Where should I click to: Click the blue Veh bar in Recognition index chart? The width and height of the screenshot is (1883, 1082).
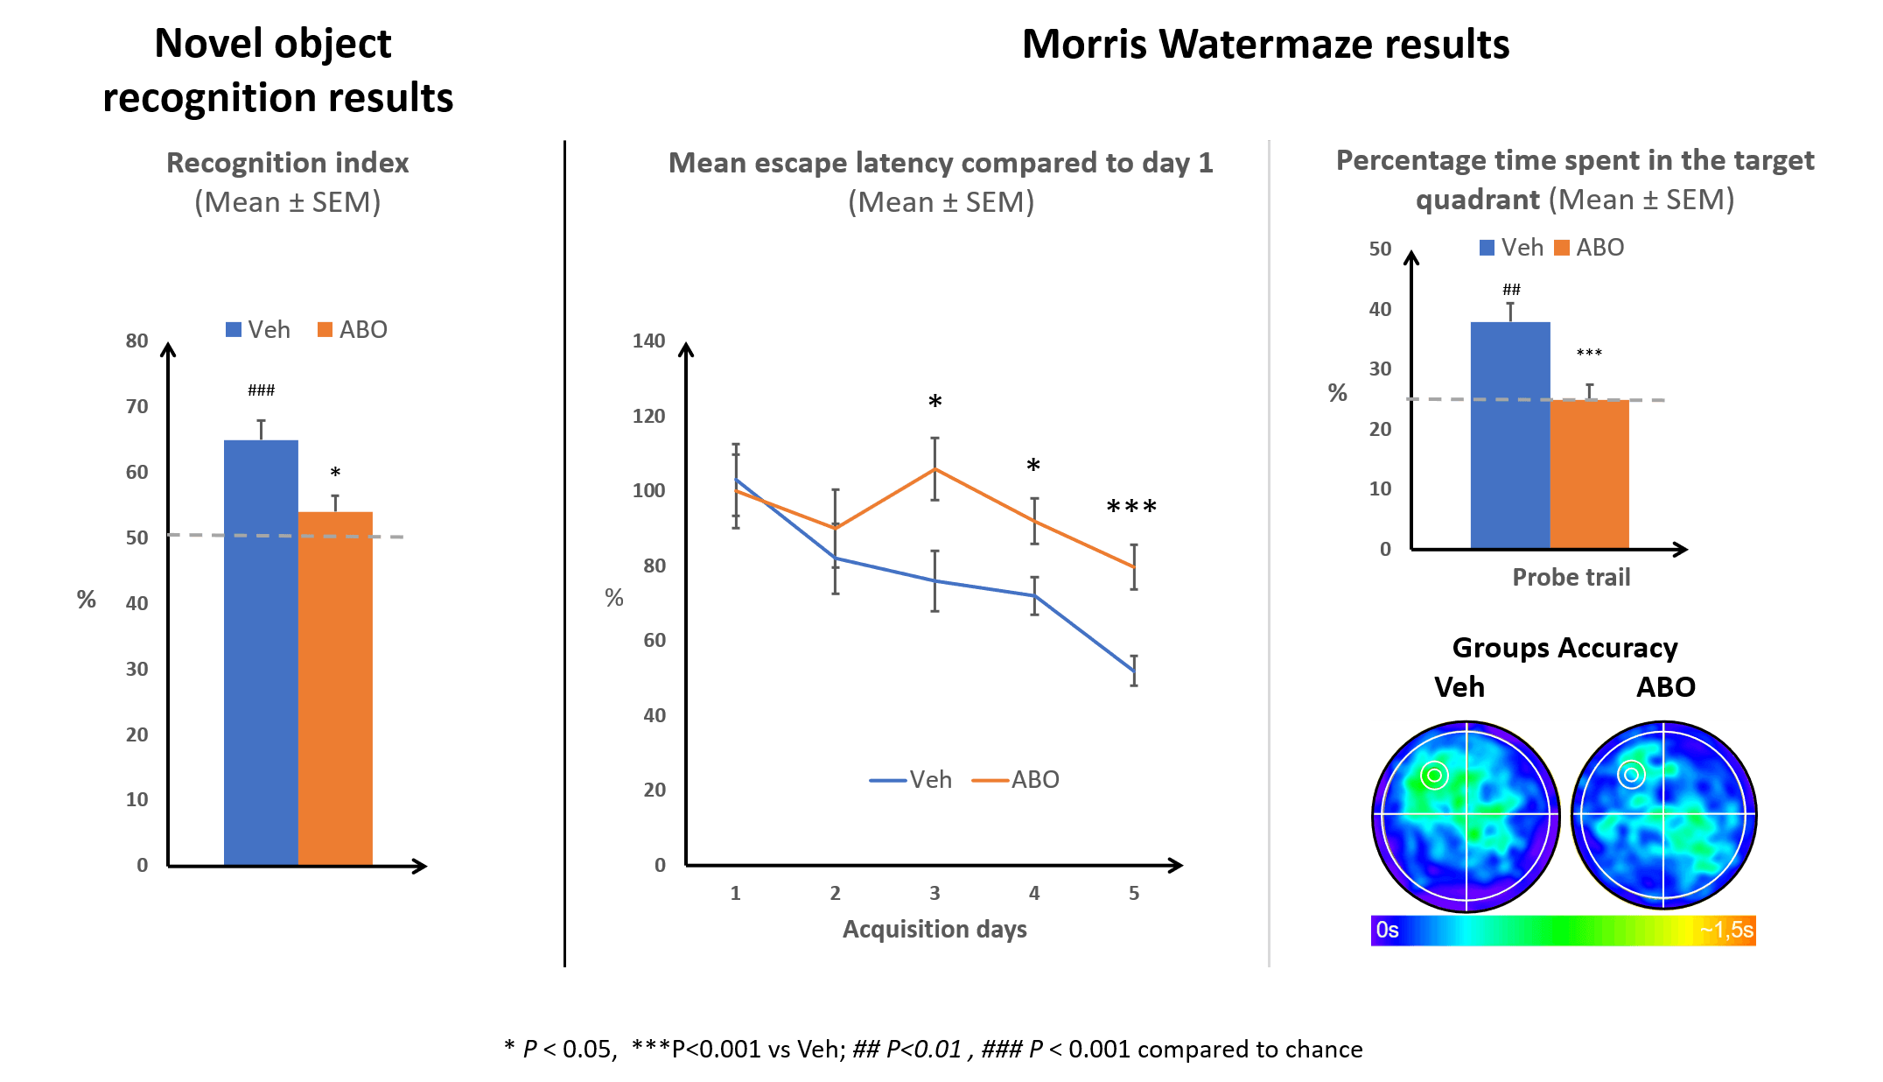(x=261, y=652)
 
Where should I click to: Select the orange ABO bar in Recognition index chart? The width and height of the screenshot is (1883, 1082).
(x=335, y=687)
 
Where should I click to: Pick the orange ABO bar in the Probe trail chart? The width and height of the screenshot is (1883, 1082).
(x=1589, y=474)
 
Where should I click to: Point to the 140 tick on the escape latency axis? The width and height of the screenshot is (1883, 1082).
(x=648, y=341)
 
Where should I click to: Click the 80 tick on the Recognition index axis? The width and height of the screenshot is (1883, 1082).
(x=136, y=341)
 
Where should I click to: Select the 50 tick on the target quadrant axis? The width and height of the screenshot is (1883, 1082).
(x=1380, y=249)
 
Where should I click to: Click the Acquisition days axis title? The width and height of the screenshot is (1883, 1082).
(x=934, y=929)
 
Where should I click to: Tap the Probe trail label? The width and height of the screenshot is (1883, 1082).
(x=1571, y=577)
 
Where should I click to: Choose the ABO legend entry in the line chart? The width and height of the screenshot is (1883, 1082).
(x=1017, y=779)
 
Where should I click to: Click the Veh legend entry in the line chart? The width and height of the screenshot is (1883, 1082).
(x=911, y=779)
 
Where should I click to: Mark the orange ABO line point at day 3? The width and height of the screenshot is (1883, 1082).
(x=934, y=469)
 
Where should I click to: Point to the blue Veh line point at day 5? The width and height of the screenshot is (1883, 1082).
(x=1133, y=671)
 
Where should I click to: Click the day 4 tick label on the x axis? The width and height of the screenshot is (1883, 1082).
(x=1034, y=893)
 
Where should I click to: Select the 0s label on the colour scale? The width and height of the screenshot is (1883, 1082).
(x=1387, y=930)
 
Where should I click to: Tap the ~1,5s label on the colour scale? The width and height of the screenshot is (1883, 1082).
(x=1725, y=930)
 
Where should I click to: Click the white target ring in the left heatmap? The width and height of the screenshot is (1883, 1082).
(x=1434, y=775)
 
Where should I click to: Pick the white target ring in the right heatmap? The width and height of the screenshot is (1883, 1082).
(x=1631, y=774)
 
